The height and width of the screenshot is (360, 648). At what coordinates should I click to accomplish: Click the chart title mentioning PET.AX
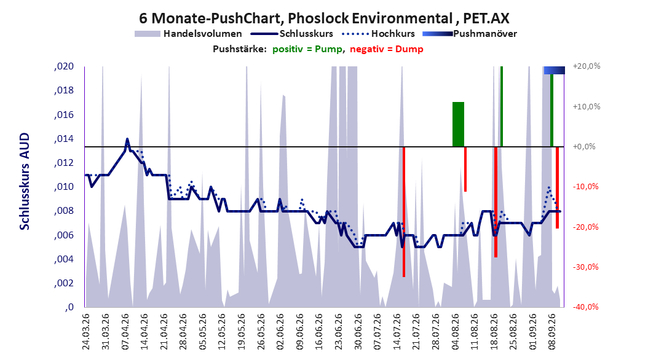(x=324, y=18)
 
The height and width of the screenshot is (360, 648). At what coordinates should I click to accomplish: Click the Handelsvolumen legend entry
(x=188, y=34)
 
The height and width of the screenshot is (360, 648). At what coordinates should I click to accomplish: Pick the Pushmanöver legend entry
(x=470, y=34)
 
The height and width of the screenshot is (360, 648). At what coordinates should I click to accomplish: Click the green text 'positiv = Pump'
(x=307, y=49)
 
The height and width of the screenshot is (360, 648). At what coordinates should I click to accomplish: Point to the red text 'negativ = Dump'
(x=387, y=49)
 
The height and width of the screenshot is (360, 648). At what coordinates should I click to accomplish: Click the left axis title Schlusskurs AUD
(x=25, y=181)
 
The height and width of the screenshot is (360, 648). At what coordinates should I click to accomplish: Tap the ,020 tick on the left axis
(x=64, y=66)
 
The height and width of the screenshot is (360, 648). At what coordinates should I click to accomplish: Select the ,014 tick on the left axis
(x=64, y=139)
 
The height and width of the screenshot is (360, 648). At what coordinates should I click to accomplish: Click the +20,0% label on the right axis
(x=587, y=66)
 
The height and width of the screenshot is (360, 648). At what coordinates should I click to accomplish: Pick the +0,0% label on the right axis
(x=584, y=147)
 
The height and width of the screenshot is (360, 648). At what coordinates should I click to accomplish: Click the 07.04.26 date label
(x=125, y=332)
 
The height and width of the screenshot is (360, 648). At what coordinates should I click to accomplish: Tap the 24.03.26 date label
(x=86, y=332)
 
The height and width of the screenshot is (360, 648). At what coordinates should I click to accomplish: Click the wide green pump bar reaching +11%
(x=458, y=124)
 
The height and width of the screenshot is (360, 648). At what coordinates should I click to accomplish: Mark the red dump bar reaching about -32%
(x=404, y=212)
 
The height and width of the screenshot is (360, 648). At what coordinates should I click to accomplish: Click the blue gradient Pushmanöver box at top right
(x=554, y=70)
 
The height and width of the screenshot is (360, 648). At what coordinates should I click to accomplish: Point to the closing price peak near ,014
(x=127, y=139)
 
